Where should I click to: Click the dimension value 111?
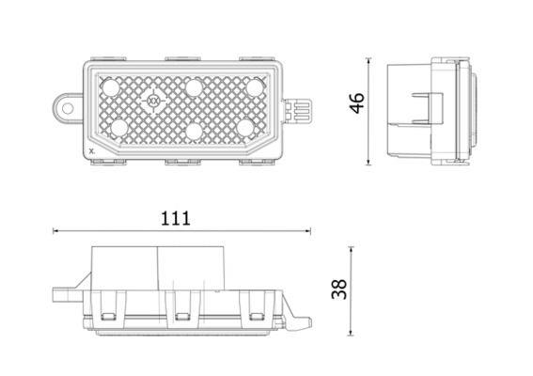tap(176, 219)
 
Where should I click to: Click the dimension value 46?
tap(357, 102)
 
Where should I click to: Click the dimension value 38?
tap(339, 290)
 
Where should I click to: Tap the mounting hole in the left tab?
tap(68, 109)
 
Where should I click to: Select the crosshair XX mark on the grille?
tap(153, 101)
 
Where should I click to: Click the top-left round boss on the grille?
tap(111, 87)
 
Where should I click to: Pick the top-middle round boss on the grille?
tap(194, 87)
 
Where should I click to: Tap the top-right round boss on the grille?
tap(255, 87)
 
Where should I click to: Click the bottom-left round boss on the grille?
tap(119, 129)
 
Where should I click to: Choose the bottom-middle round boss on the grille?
tap(194, 131)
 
